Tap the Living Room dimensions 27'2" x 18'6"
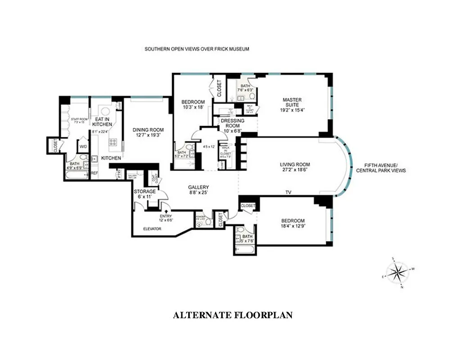295,170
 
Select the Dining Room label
146,132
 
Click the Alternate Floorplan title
233,315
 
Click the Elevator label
152,229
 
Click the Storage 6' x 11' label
145,194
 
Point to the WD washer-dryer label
83,146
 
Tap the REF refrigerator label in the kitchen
95,173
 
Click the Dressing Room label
232,123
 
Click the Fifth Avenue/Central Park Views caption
381,167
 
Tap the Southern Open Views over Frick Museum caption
197,49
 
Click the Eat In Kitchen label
102,121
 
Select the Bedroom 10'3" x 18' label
193,104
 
